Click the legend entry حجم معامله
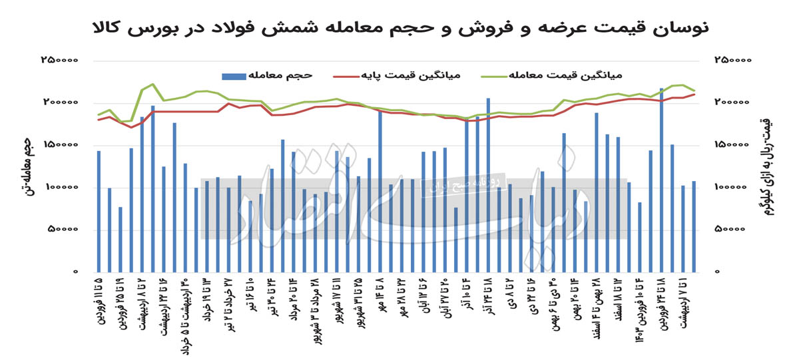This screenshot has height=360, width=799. [280, 74]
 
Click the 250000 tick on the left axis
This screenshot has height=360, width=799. [59, 60]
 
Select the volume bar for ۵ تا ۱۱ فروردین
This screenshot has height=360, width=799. [99, 212]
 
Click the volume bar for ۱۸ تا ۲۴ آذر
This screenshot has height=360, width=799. [488, 185]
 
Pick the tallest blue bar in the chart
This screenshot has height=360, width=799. [661, 180]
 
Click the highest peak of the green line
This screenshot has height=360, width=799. [152, 84]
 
